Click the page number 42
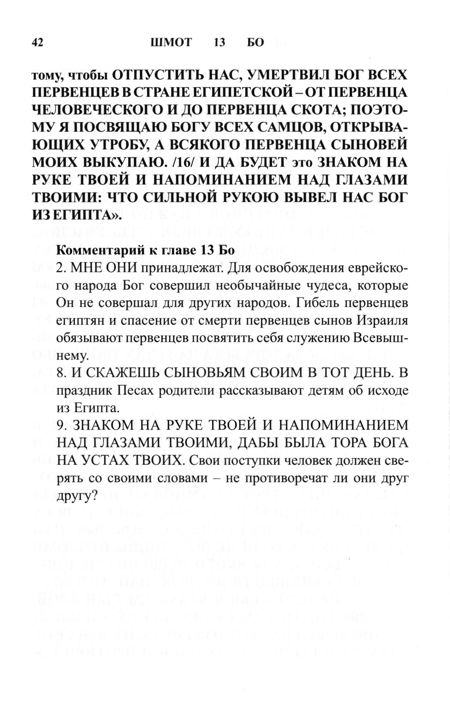[37, 43]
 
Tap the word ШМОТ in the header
[171, 43]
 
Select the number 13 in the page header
[219, 43]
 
